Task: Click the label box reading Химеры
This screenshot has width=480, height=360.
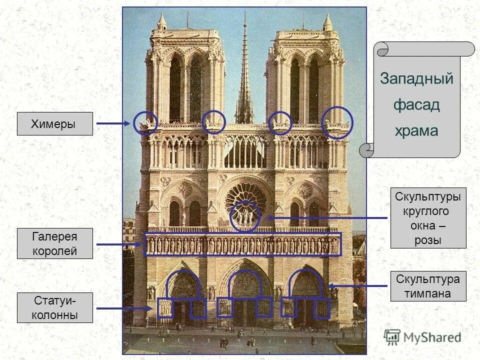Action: (x=55, y=123)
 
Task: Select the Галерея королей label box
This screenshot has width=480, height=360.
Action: (x=55, y=243)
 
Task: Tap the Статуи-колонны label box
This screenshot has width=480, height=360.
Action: (x=55, y=308)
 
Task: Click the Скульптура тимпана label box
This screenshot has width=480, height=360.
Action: (x=428, y=286)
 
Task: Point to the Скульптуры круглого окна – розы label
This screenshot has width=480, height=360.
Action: (x=428, y=218)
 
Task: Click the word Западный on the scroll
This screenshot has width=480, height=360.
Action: (x=416, y=79)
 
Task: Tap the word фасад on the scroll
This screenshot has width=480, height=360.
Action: (x=416, y=105)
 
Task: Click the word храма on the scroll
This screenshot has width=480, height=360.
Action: (x=416, y=131)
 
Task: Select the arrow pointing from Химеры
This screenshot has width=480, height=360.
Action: (x=113, y=123)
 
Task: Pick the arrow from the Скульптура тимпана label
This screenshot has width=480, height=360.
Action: (x=357, y=286)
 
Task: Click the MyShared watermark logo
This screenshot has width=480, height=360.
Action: (x=422, y=337)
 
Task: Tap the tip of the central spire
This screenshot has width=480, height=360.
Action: (x=245, y=14)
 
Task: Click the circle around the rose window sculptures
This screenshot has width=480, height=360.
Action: (x=245, y=216)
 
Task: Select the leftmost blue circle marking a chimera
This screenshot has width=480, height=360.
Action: (x=145, y=123)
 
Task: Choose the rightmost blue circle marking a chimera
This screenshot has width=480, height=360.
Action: (x=337, y=122)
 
